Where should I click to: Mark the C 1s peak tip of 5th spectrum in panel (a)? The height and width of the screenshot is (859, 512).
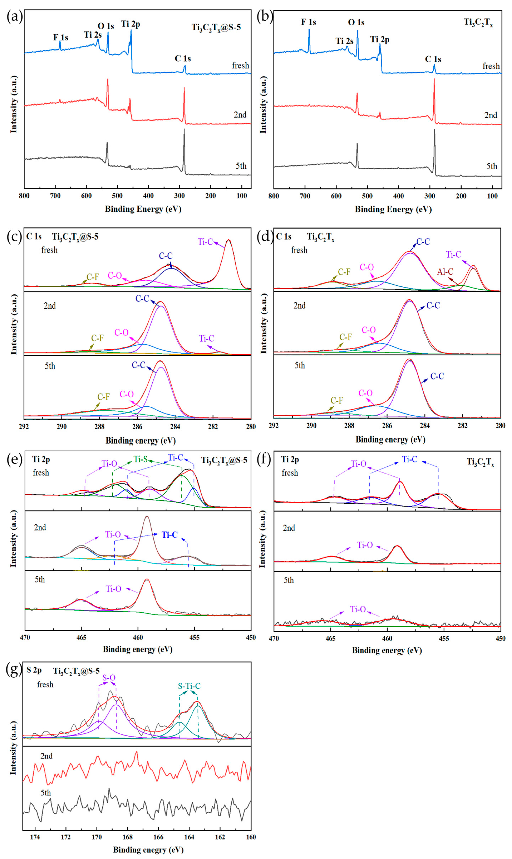coord(184,129)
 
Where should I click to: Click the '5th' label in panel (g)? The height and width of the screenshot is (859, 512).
coord(46,793)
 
